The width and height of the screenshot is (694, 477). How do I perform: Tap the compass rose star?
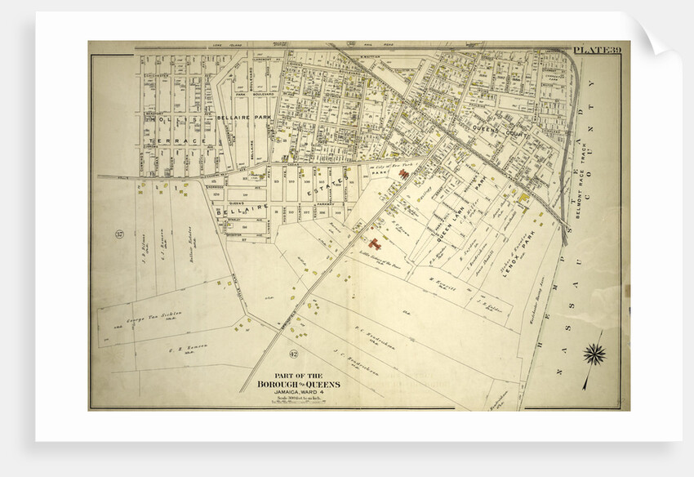tap(595, 354)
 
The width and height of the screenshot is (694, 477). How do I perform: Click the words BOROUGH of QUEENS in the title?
tap(299, 384)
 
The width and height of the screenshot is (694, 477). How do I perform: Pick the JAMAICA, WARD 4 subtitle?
tap(299, 392)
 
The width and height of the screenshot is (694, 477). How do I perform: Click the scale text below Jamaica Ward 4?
tap(299, 399)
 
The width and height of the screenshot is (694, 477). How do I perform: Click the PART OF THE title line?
tap(299, 376)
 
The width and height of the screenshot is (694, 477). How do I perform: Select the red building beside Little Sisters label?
tap(375, 243)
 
